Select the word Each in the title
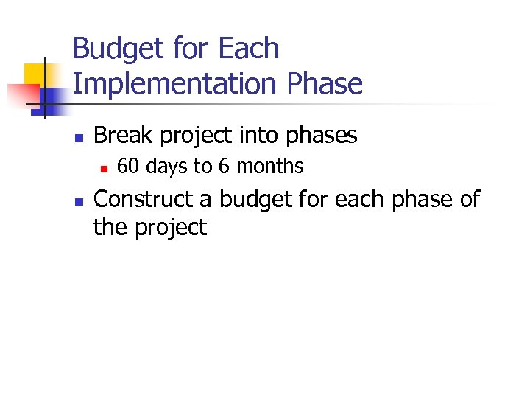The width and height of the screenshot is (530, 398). pos(249,49)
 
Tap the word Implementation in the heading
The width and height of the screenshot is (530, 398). pos(175,85)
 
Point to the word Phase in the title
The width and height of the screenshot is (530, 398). pos(325,84)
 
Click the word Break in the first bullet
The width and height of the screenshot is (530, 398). pos(121,136)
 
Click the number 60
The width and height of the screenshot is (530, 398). pos(128,167)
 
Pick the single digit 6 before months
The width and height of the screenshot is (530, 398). pos(222,167)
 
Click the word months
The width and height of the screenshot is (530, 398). pos(269,167)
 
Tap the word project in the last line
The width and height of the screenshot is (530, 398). pos(172,228)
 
